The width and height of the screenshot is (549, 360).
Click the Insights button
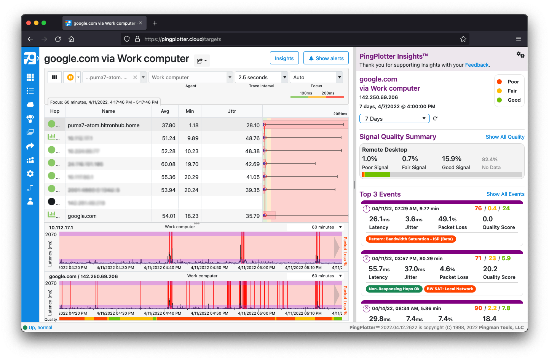284,58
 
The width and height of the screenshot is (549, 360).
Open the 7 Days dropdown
394,118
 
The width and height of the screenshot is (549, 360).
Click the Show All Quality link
505,137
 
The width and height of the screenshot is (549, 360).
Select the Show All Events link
505,194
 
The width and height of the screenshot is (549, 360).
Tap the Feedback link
477,65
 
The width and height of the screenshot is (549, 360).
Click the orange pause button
70,77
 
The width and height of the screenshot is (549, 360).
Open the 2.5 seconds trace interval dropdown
262,77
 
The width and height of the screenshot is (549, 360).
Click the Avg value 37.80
169,125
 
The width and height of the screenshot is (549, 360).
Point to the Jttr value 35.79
252,216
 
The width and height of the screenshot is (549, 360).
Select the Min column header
190,111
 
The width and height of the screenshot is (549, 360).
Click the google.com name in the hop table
82,216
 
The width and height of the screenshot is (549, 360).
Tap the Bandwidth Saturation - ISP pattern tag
410,239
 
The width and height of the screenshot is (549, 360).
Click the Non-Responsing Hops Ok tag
394,289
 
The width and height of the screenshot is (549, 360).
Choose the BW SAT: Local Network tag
450,289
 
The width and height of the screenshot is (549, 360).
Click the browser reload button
58,39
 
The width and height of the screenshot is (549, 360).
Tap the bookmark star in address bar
463,39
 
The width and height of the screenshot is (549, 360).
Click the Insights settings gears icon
520,55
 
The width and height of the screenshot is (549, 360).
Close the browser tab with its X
140,23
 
